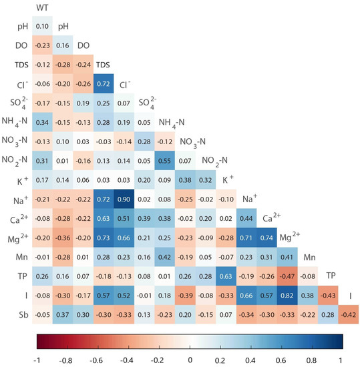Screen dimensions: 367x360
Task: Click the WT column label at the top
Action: (x=41, y=9)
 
